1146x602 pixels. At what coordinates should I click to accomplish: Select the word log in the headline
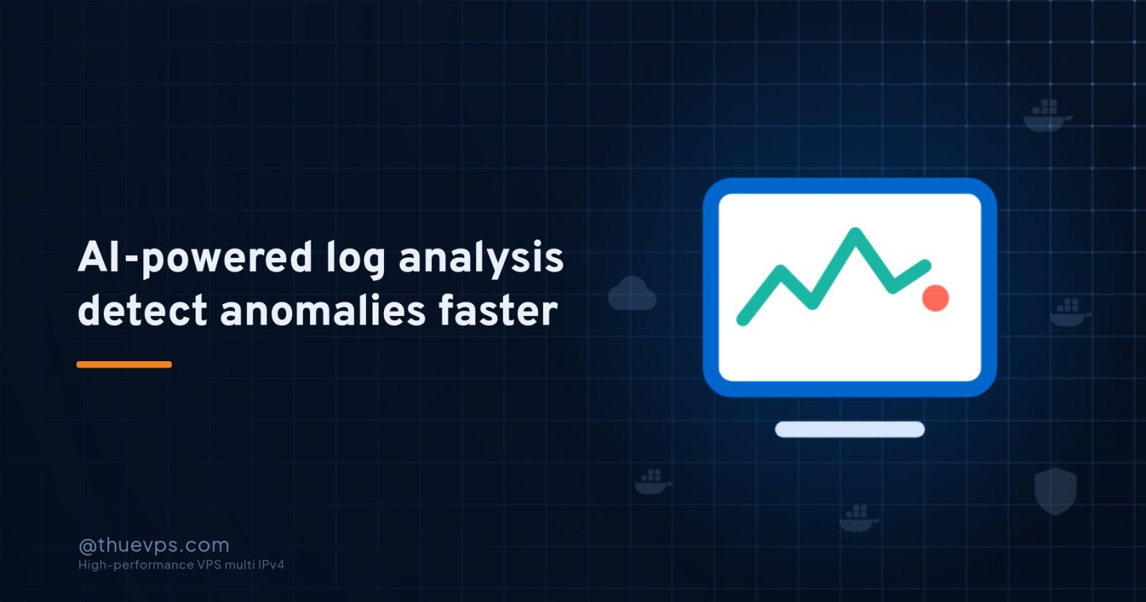click(356, 260)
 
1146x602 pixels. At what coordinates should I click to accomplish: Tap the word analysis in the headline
click(481, 260)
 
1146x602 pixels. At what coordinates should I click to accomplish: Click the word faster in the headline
click(499, 310)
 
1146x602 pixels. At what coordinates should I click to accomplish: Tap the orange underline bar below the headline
click(125, 365)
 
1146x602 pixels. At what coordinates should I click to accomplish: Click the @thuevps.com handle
click(154, 545)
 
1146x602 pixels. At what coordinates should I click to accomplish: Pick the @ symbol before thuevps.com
click(87, 547)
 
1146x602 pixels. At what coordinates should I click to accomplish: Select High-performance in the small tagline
click(135, 565)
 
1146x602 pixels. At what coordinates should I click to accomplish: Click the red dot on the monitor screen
click(935, 298)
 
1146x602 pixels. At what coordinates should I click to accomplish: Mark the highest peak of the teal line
click(855, 232)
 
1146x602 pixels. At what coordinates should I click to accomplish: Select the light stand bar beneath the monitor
click(849, 429)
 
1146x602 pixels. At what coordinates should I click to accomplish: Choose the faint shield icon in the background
click(1056, 490)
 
